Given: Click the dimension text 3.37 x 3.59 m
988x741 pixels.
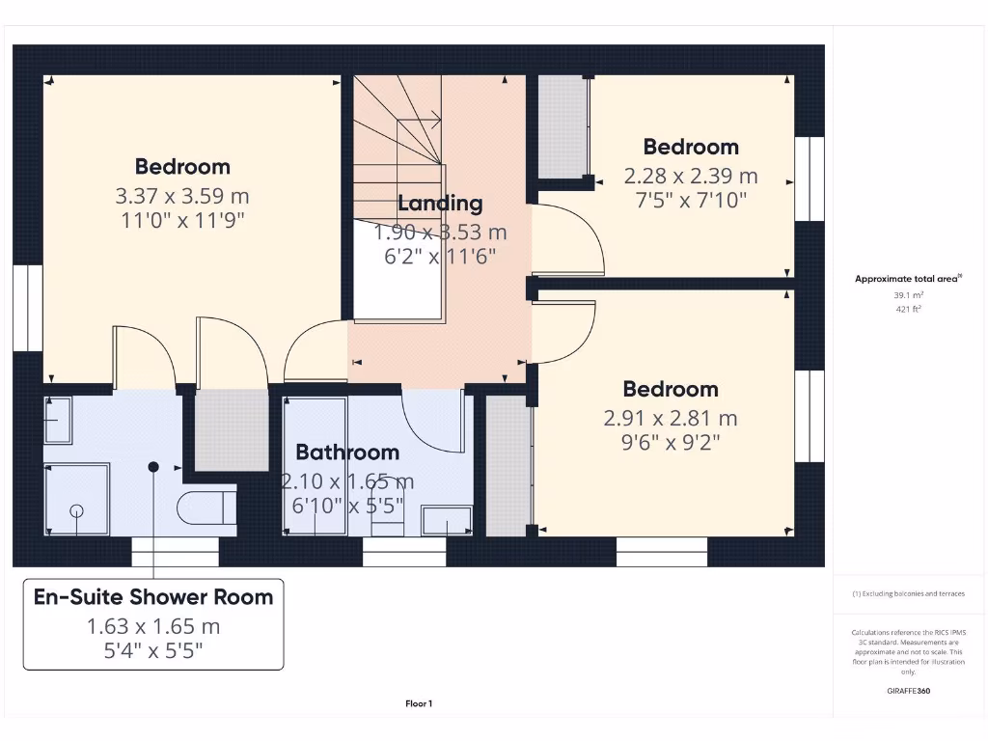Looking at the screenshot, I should [181, 196].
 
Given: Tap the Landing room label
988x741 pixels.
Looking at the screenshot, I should [440, 204].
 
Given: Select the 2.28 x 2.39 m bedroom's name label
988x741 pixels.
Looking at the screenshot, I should [691, 147].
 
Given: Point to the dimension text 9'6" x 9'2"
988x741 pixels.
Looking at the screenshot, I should [671, 442].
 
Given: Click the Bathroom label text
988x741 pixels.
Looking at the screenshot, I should [347, 452].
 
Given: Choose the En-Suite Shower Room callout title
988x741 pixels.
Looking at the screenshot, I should [153, 596].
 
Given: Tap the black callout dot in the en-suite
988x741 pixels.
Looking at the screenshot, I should [152, 467].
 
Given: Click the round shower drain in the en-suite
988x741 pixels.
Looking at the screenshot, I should [76, 510].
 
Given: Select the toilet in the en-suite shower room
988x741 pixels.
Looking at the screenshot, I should [206, 506].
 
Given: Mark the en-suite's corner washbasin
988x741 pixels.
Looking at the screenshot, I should [58, 420].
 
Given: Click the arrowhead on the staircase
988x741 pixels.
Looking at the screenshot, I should [437, 121].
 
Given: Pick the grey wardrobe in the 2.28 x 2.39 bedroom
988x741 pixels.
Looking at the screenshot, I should [562, 125].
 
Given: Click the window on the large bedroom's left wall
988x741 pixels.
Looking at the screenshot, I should [27, 308].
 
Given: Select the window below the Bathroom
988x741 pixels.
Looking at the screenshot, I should [404, 551].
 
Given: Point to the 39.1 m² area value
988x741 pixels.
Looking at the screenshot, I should [907, 295].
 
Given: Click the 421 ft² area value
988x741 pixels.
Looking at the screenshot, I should [907, 310].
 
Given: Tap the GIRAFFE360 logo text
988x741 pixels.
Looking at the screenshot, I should [908, 691].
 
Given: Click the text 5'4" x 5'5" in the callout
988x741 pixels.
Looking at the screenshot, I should [153, 650].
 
